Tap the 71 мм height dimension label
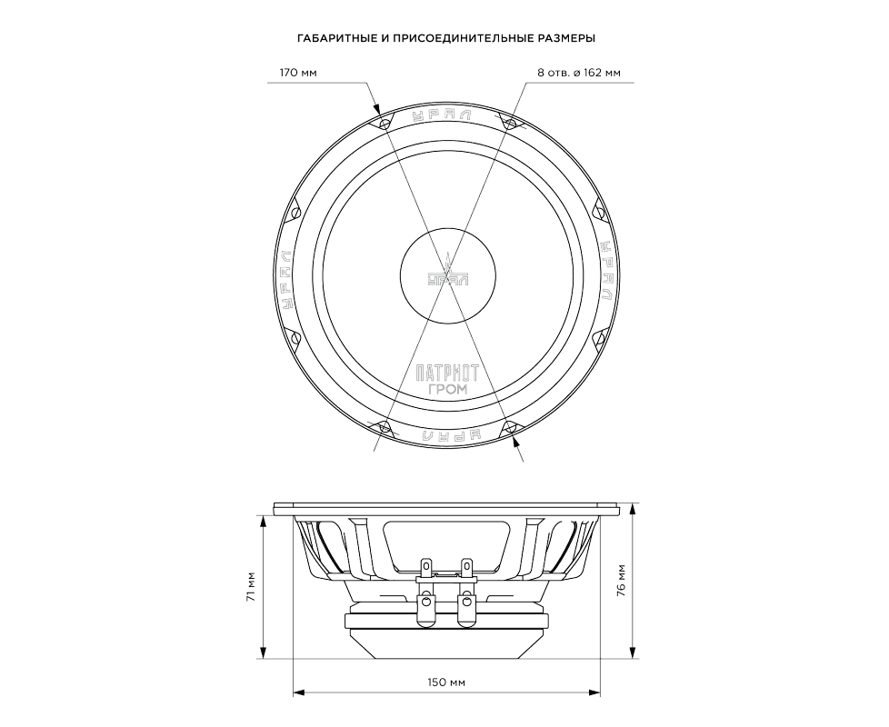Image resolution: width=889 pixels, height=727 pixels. [252, 587]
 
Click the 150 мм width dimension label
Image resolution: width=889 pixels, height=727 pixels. [444, 682]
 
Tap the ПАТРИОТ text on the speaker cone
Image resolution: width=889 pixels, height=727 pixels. [445, 373]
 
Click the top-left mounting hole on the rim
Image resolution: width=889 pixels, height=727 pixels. [385, 123]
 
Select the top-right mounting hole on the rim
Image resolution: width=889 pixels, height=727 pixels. [510, 123]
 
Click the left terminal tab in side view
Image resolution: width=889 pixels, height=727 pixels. [425, 567]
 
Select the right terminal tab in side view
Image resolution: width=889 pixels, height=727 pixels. [467, 567]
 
